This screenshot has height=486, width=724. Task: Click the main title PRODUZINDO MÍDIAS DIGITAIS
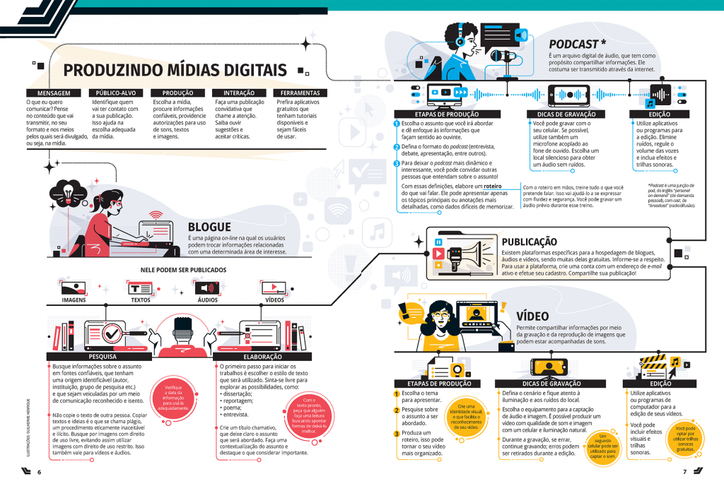175,70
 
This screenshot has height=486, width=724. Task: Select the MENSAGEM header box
48,93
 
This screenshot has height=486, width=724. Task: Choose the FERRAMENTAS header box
300,93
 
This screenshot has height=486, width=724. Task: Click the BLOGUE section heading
209,227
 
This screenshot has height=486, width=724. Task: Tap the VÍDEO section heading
532,316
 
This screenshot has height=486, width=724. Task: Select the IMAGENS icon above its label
74,288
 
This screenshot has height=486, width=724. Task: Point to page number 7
684,472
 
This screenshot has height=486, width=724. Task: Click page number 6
40,472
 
